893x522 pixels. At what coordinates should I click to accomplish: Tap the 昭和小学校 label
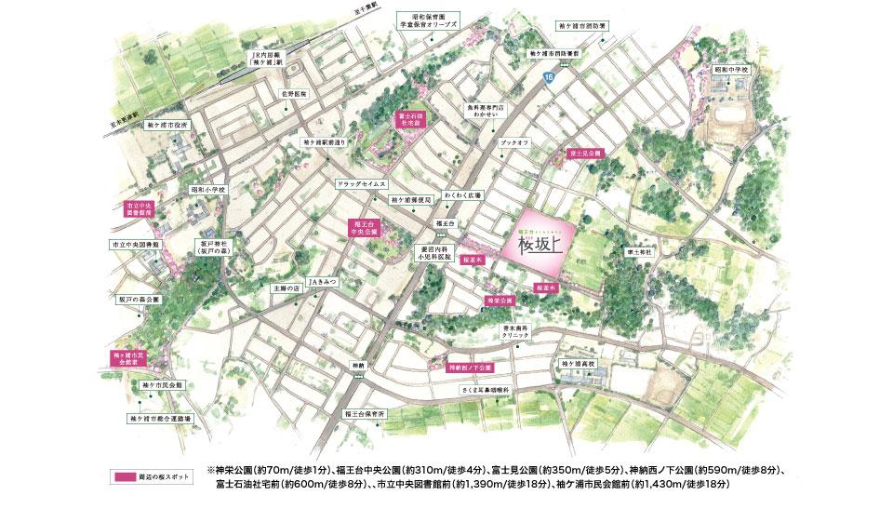(x=210, y=189)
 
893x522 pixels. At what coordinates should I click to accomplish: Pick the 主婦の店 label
(x=288, y=289)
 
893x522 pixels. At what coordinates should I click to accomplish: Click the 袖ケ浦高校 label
(x=577, y=363)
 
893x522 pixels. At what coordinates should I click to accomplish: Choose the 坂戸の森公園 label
(x=139, y=300)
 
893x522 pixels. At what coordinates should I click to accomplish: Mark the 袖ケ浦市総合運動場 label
(x=160, y=420)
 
